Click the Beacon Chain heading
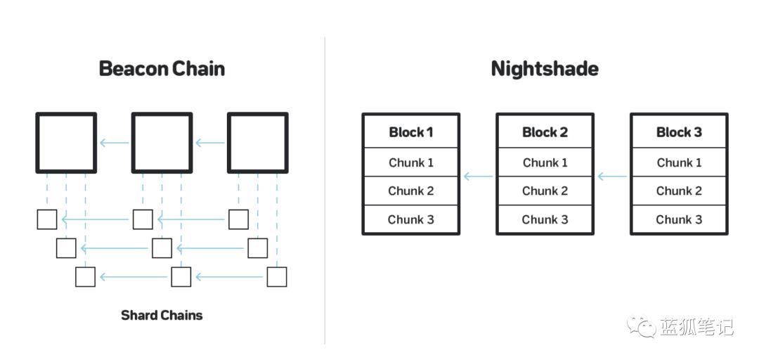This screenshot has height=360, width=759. click(x=162, y=69)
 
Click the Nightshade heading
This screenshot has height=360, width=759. click(x=545, y=69)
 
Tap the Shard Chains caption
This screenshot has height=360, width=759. click(x=162, y=316)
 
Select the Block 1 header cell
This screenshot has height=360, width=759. click(x=411, y=131)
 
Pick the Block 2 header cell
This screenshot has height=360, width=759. click(x=545, y=131)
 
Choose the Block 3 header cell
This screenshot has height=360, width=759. click(x=679, y=131)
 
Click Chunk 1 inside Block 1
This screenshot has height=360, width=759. click(x=411, y=162)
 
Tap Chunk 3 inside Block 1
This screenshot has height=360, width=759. click(x=411, y=219)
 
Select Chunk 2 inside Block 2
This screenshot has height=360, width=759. click(x=545, y=191)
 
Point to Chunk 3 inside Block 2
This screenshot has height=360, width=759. click(x=545, y=219)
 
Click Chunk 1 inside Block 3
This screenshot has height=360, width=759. click(x=679, y=162)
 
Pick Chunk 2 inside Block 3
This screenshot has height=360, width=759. click(x=679, y=191)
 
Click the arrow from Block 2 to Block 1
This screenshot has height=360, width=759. click(x=478, y=176)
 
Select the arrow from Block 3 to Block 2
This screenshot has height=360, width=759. click(x=612, y=176)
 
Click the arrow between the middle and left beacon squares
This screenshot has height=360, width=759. click(x=115, y=143)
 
